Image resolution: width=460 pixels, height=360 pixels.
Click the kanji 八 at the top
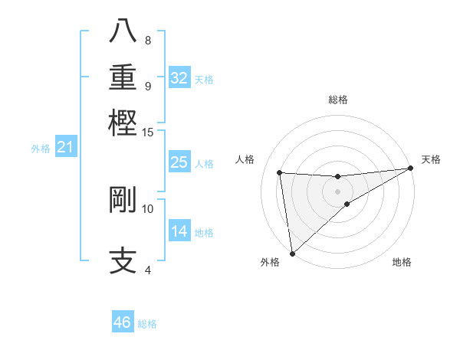(123, 31)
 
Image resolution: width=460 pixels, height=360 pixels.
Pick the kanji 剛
(123, 200)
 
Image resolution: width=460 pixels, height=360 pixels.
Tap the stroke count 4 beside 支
(147, 269)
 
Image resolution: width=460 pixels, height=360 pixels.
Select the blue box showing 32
(179, 78)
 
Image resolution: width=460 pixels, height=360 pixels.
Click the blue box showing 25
(179, 162)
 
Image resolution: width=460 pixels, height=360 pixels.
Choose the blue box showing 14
(179, 231)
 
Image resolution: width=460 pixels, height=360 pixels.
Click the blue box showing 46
(123, 322)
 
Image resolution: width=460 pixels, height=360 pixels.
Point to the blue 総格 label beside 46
(148, 324)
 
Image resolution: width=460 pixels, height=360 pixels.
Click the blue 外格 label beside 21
(41, 149)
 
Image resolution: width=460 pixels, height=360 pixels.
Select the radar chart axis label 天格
(431, 159)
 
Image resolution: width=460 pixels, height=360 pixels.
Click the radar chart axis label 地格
(402, 263)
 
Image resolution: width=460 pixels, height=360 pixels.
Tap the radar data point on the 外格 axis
(292, 253)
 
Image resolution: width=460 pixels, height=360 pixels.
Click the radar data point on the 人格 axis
(280, 172)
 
